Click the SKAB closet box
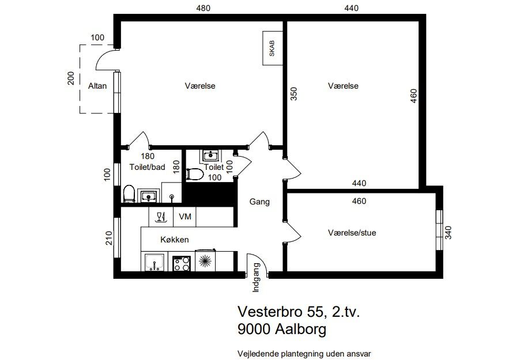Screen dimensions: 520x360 pos(273,48)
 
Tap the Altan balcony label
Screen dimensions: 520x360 pos(97,86)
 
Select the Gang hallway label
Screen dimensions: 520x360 pos(259,202)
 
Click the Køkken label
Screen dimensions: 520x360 pos(175,240)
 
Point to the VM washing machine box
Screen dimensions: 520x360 pos(184,217)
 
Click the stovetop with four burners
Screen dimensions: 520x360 pos(182,264)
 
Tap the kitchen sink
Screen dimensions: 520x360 pos(155,263)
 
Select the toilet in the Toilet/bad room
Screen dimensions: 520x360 pos(129,194)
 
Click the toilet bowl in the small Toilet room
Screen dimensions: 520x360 pos(195,175)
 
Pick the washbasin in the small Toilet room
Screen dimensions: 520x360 pos(210,155)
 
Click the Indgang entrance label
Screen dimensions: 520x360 pos(256,278)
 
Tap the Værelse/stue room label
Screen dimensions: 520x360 pos(352,233)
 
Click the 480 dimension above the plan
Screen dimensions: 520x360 pos(203,8)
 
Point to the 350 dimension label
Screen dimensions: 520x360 pos(294,93)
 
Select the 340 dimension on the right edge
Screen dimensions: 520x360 pos(448,232)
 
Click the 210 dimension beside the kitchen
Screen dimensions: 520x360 pos(109,238)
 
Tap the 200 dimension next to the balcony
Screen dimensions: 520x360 pos(71,78)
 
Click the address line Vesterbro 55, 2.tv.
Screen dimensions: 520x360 pos(299,312)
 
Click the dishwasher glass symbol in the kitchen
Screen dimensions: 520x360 pos(161,217)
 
